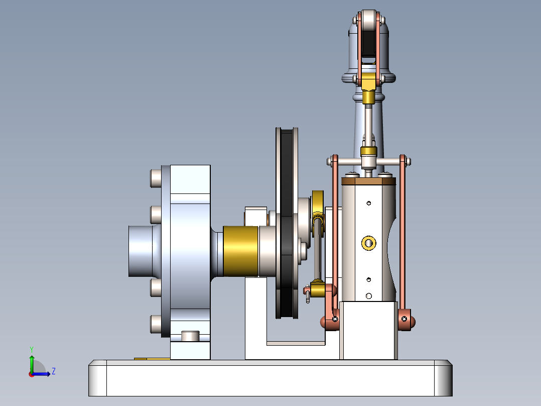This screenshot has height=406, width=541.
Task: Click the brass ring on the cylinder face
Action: click(369, 243)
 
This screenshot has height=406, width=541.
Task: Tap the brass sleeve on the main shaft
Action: click(240, 251)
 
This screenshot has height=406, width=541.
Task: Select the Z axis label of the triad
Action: click(53, 371)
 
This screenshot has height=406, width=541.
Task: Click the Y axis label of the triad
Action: click(31, 348)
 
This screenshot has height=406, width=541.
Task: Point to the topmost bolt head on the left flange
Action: click(156, 178)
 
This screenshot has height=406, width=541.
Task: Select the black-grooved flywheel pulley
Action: click(287, 224)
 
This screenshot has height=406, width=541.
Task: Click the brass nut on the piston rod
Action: click(369, 150)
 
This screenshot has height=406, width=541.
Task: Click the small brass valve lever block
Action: click(318, 289)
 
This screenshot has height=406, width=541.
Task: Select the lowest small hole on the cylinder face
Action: click(369, 295)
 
